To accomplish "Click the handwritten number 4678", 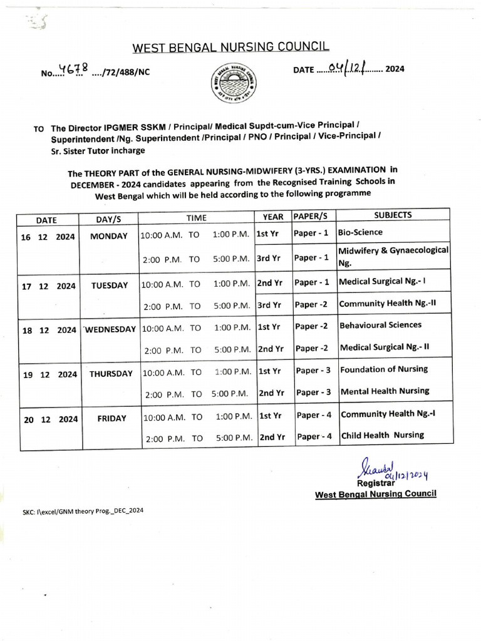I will point(72,70).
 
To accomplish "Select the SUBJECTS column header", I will point(393,215).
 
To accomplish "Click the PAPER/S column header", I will point(311,215).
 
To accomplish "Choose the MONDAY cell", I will point(109,236).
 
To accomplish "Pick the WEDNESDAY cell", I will point(110,329).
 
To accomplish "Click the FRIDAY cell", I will point(111,418).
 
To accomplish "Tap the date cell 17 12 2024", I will point(48,285).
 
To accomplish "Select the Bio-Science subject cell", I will point(360,232).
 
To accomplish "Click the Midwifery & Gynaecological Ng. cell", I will point(393,256).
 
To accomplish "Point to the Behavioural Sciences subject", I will point(381,325).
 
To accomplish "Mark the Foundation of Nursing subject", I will point(384,369).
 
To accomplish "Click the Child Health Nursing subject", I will point(382,435).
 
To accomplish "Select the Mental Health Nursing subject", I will point(385,391).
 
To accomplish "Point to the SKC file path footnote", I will point(83,511).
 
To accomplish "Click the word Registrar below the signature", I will point(375,483).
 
